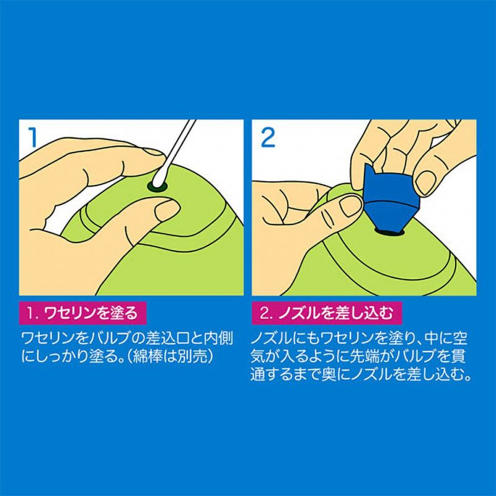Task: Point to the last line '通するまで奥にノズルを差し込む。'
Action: (363, 376)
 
